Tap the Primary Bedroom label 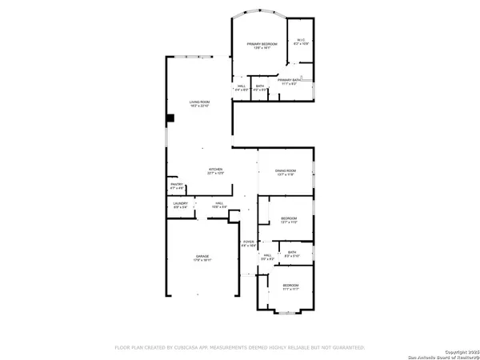262,45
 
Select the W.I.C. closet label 302,42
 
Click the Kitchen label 216,170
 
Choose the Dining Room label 286,172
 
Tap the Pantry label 177,186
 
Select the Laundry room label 181,205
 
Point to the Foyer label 248,243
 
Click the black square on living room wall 170,118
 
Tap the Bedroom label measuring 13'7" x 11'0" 288,220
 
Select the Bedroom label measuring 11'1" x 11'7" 290,287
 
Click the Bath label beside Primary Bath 260,88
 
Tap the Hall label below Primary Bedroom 241,88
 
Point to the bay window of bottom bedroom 284,313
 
